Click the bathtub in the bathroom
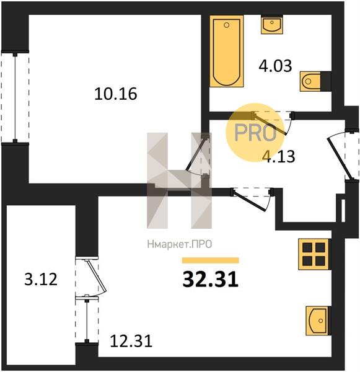pyautogui.click(x=227, y=51)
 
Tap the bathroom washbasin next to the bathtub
pyautogui.click(x=272, y=24)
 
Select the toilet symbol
pyautogui.click(x=315, y=81)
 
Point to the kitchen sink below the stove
pyautogui.click(x=318, y=321)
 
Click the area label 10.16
pyautogui.click(x=116, y=94)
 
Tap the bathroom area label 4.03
pyautogui.click(x=275, y=66)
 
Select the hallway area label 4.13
pyautogui.click(x=280, y=157)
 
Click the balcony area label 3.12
pyautogui.click(x=41, y=279)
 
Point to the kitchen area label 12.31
pyautogui.click(x=131, y=341)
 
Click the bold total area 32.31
pyautogui.click(x=210, y=279)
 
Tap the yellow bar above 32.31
pyautogui.click(x=210, y=260)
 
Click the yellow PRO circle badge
pyautogui.click(x=255, y=133)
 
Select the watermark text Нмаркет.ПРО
pyautogui.click(x=180, y=244)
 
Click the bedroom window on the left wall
pyautogui.click(x=15, y=97)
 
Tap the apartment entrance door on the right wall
pyautogui.click(x=339, y=157)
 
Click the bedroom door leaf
pyautogui.click(x=194, y=154)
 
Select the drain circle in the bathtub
pyautogui.click(x=227, y=25)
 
